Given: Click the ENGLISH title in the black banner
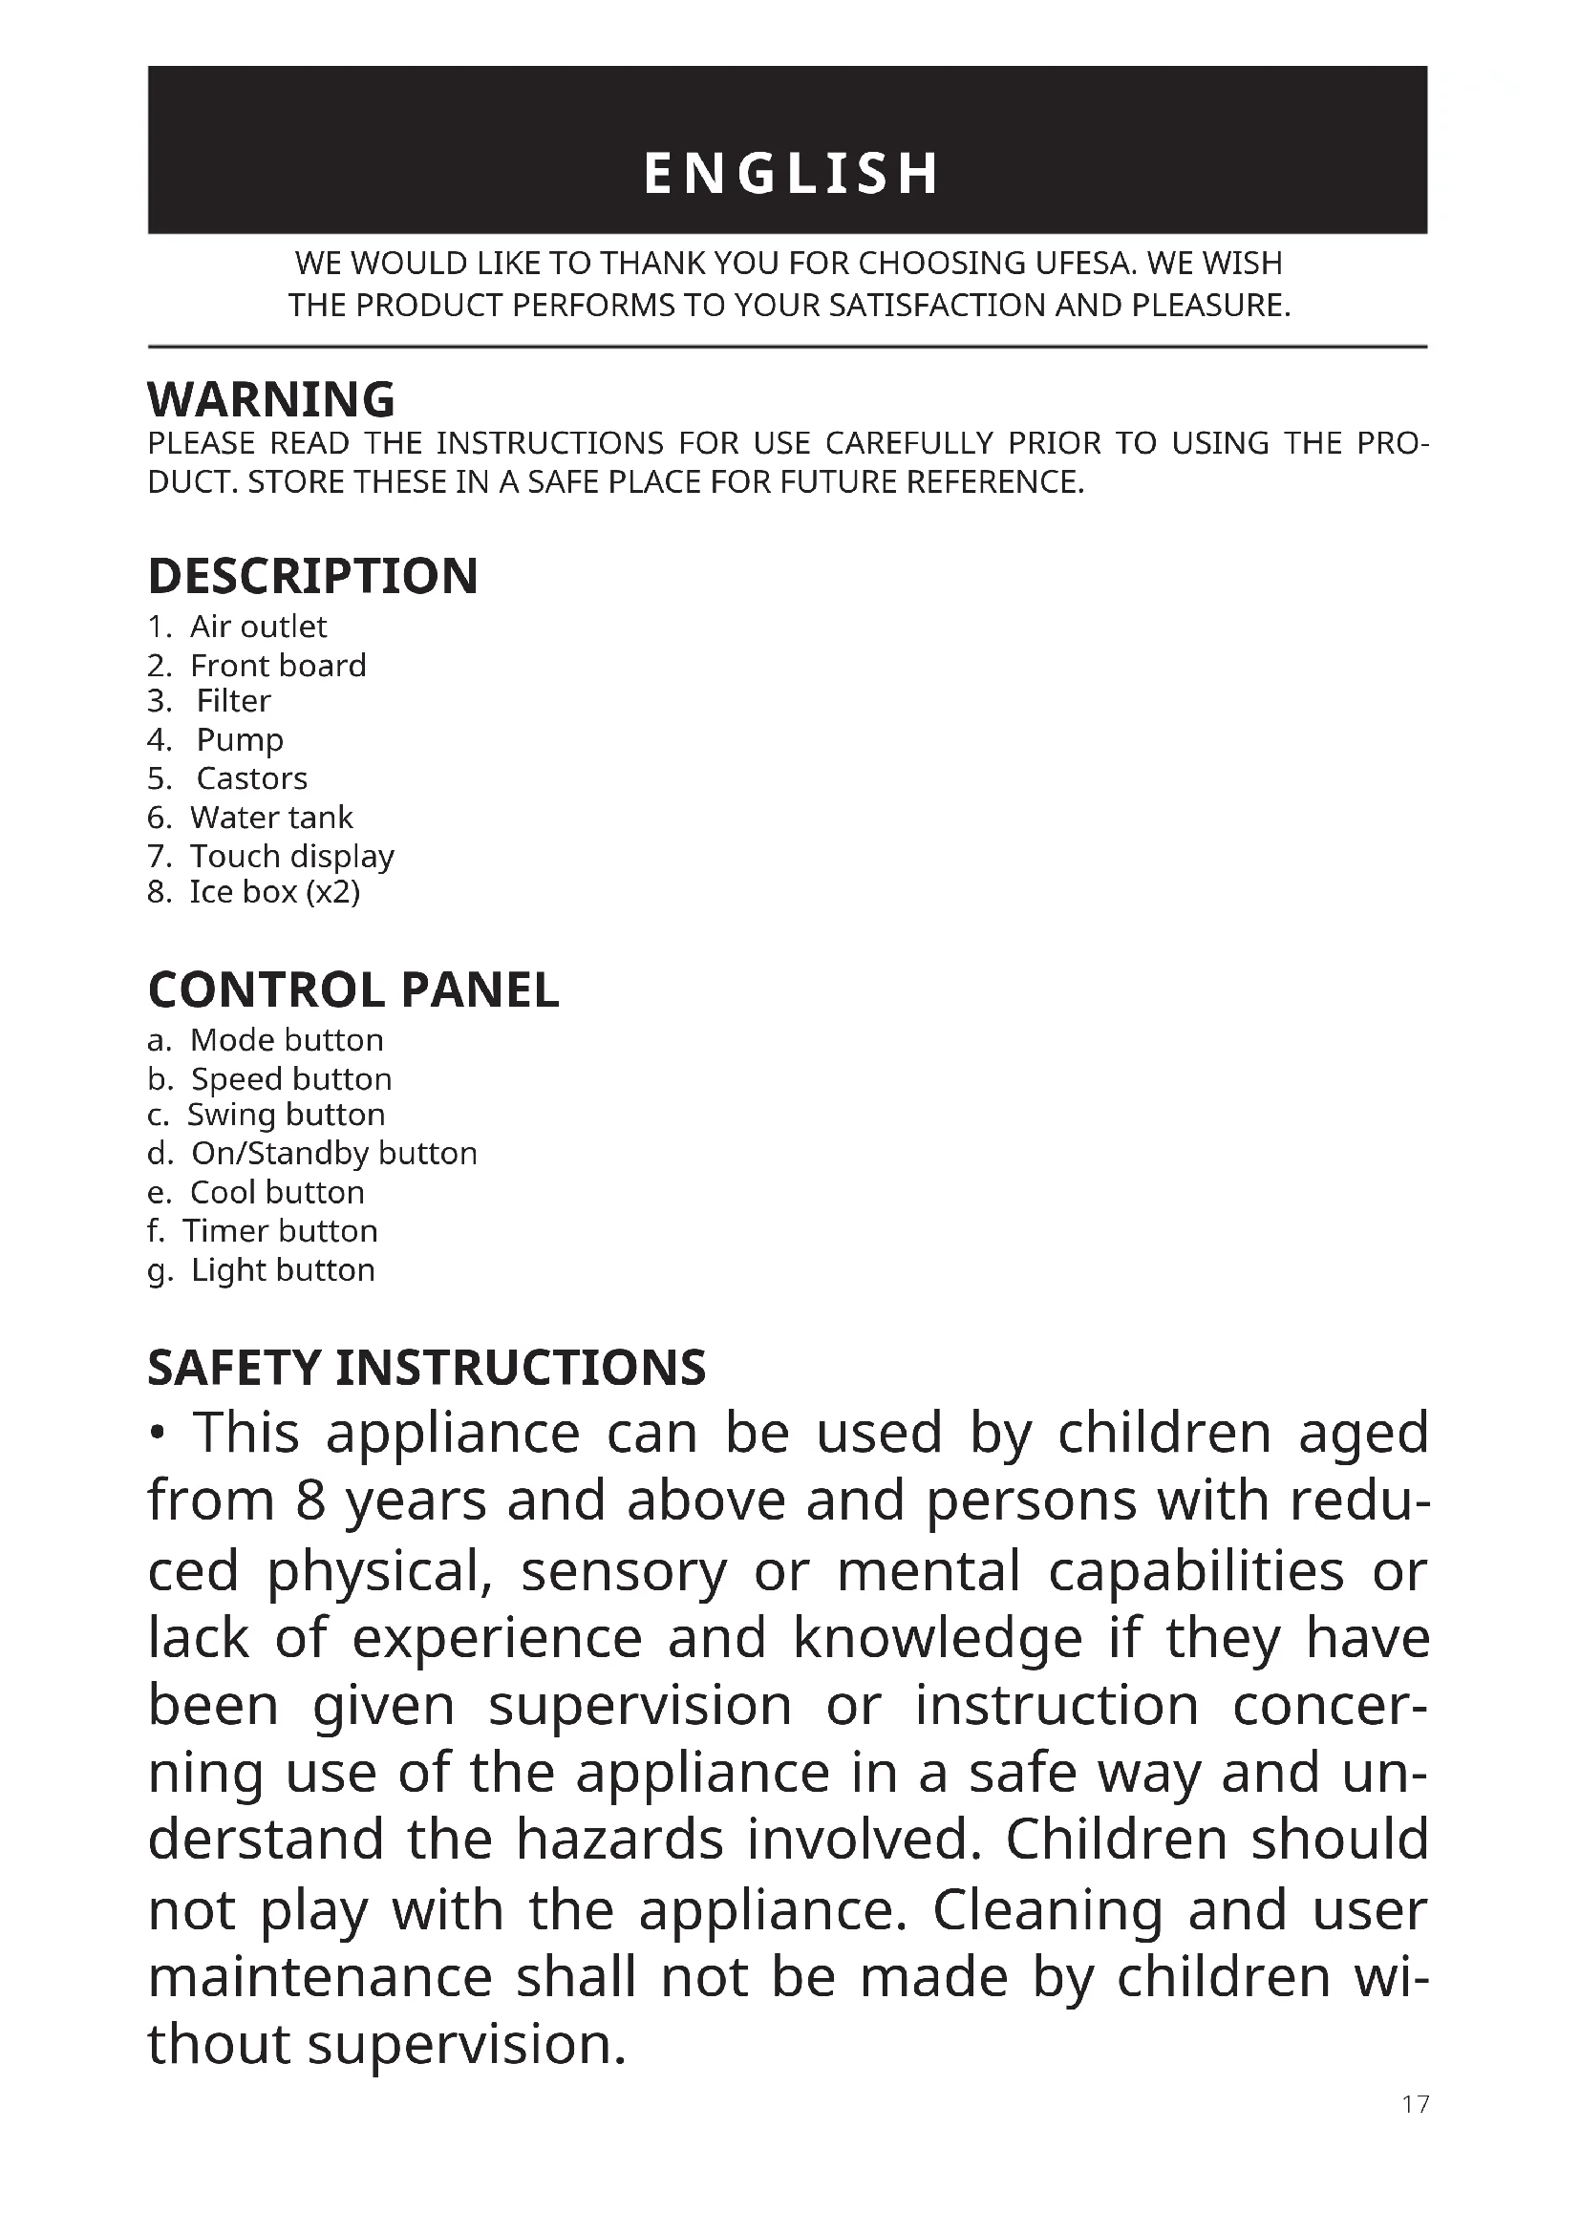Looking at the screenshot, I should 790,173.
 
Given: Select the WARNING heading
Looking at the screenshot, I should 271,400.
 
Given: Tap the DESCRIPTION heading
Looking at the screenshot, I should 312,576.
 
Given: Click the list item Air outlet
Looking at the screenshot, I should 258,627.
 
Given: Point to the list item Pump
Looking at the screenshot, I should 240,740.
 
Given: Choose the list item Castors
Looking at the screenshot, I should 251,778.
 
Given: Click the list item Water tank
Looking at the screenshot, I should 270,818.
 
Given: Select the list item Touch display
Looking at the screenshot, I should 292,856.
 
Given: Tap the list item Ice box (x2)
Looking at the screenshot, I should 274,891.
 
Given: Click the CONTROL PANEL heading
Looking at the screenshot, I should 353,990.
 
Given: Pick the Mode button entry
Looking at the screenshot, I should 286,1040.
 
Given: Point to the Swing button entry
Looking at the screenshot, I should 285,1114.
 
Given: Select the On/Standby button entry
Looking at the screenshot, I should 333,1153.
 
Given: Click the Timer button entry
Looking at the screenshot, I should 280,1231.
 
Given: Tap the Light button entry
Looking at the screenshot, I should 282,1269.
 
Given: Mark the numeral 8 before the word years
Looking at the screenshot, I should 310,1500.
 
